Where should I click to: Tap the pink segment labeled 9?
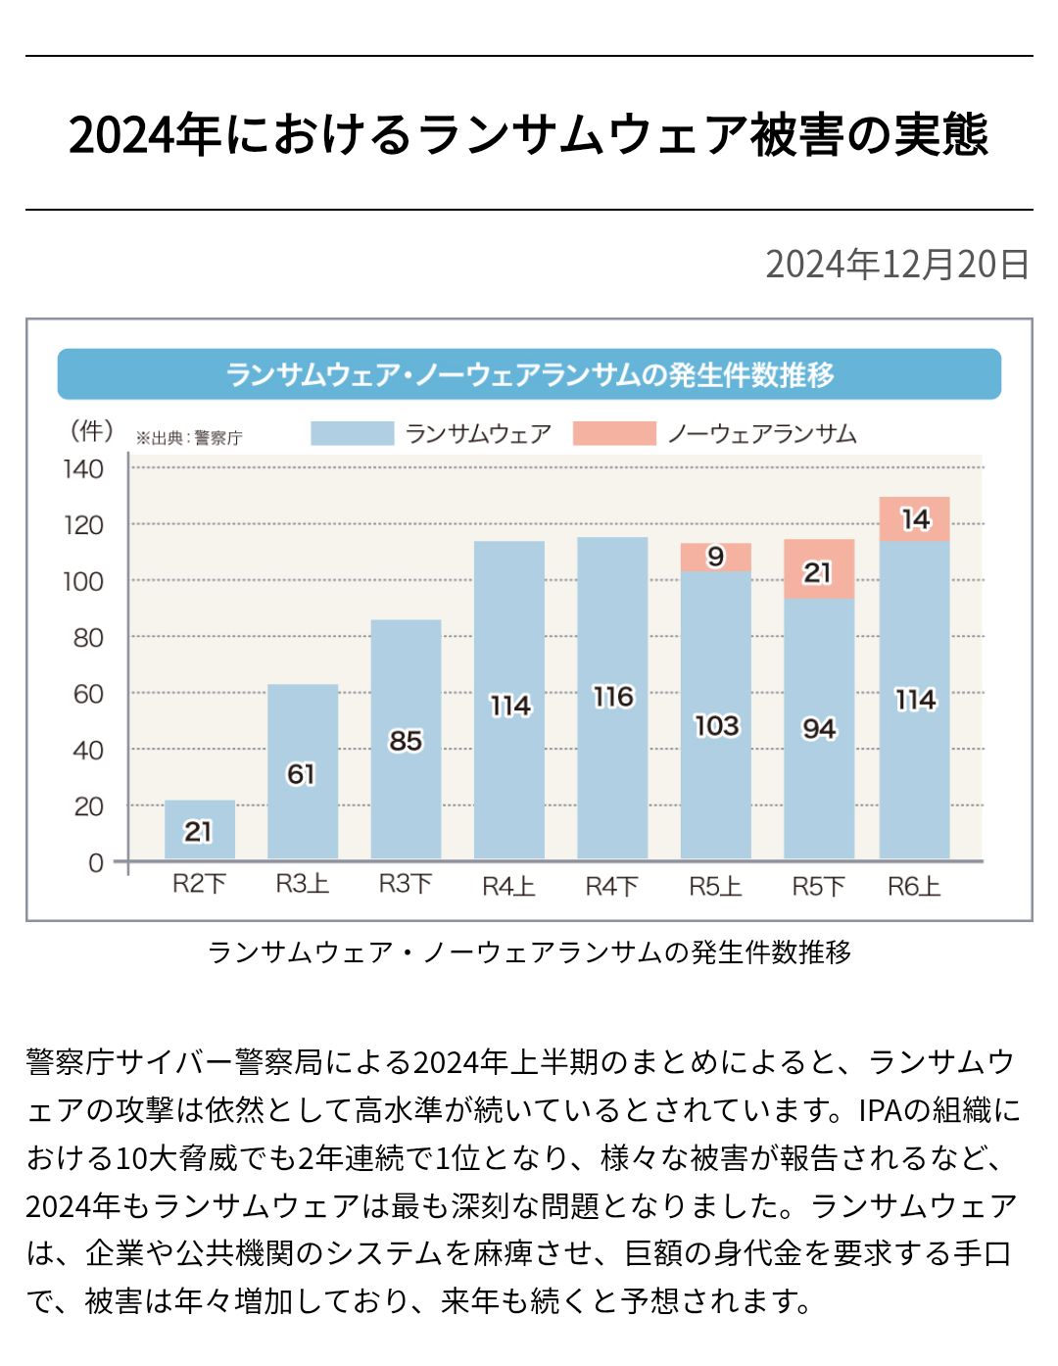click(x=716, y=557)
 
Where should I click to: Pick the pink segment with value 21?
click(x=819, y=569)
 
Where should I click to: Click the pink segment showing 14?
click(x=915, y=518)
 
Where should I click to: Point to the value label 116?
click(x=613, y=697)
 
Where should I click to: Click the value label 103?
click(x=716, y=726)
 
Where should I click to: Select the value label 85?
click(x=406, y=741)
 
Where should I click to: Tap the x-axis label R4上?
click(x=508, y=886)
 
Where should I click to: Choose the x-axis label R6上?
click(x=914, y=886)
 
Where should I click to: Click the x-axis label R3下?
click(x=406, y=884)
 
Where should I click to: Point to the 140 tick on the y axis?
click(x=83, y=469)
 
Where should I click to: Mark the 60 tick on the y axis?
click(x=88, y=694)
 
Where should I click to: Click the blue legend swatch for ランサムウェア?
click(x=352, y=433)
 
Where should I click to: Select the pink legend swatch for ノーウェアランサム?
click(x=614, y=433)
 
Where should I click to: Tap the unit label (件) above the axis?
click(x=90, y=430)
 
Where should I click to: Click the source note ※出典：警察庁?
click(x=189, y=438)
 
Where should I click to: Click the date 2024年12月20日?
click(x=896, y=264)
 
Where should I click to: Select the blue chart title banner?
click(x=529, y=374)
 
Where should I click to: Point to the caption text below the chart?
click(x=529, y=951)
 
